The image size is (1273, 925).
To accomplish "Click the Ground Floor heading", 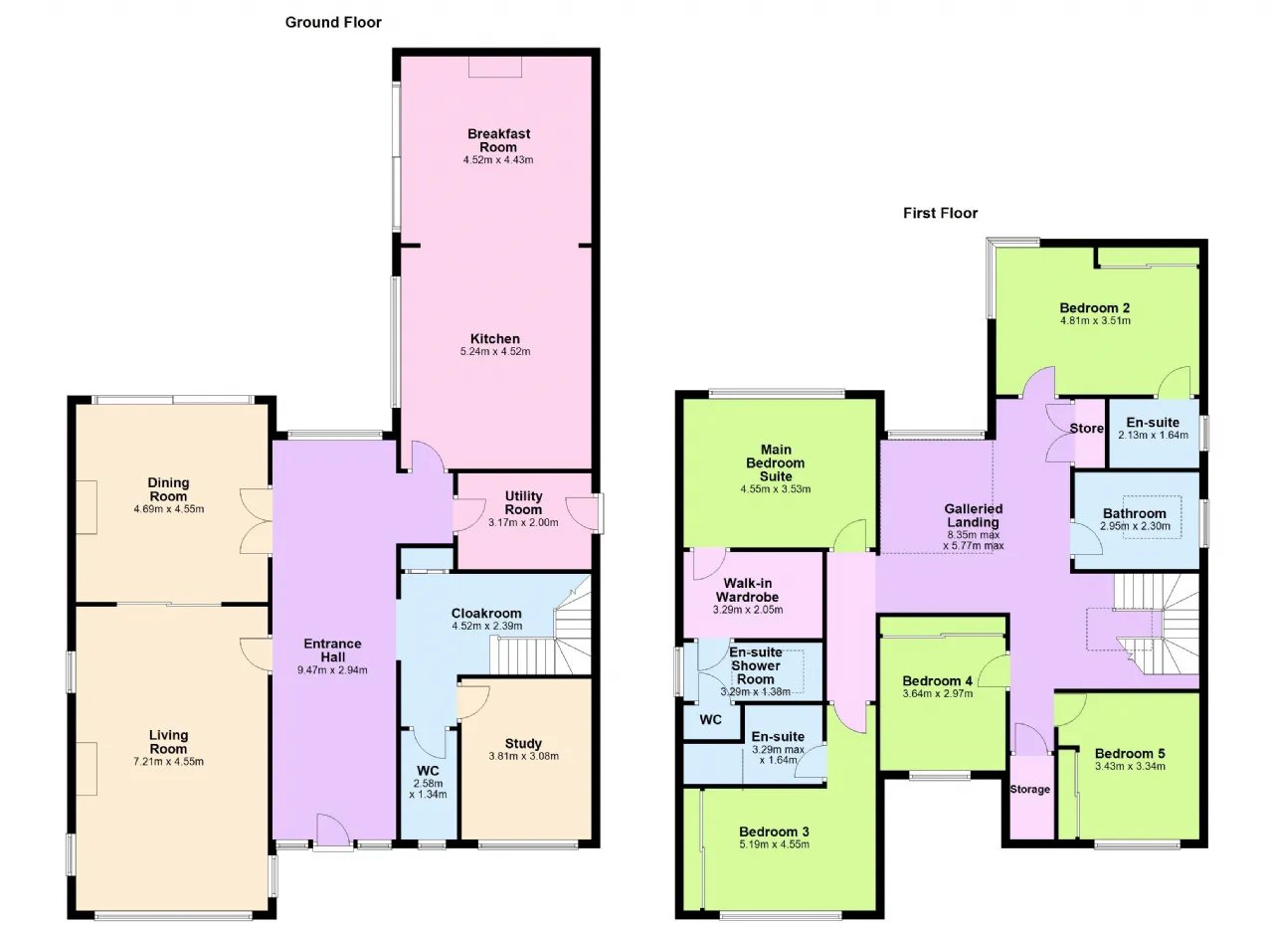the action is pyautogui.click(x=333, y=22).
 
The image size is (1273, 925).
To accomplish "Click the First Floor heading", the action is pyautogui.click(x=940, y=213).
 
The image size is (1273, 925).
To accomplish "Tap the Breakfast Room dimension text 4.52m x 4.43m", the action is pyautogui.click(x=498, y=160).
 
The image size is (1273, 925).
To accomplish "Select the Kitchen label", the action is pyautogui.click(x=494, y=338).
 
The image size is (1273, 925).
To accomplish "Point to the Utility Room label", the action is pyautogui.click(x=523, y=503).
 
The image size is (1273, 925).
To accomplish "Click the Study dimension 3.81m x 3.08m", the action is pyautogui.click(x=523, y=756).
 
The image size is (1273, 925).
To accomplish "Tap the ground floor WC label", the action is pyautogui.click(x=428, y=771).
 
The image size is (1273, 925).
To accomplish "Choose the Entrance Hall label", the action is pyautogui.click(x=332, y=650).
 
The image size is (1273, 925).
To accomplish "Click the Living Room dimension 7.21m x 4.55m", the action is pyautogui.click(x=168, y=761).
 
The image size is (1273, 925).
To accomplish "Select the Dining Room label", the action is pyautogui.click(x=168, y=489).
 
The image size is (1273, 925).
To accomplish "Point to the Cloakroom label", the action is pyautogui.click(x=486, y=613).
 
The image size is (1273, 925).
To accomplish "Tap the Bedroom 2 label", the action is pyautogui.click(x=1095, y=308).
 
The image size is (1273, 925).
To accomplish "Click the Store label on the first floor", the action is pyautogui.click(x=1087, y=429).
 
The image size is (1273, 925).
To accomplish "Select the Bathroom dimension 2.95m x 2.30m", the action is pyautogui.click(x=1135, y=526).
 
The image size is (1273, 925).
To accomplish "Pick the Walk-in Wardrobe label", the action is pyautogui.click(x=747, y=590).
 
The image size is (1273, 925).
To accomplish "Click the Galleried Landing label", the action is pyautogui.click(x=973, y=515).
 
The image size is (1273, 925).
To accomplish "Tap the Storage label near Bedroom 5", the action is pyautogui.click(x=1029, y=789).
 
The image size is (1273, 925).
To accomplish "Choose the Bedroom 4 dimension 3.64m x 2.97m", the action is pyautogui.click(x=937, y=694).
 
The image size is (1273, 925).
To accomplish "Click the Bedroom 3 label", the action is pyautogui.click(x=774, y=832).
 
